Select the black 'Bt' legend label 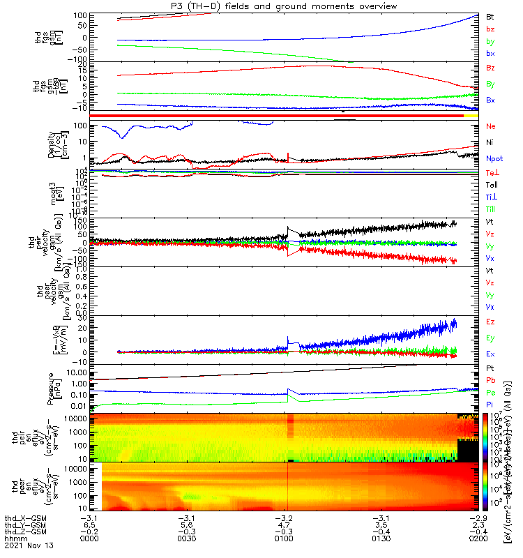pyautogui.click(x=490, y=16)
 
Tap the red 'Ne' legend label pyautogui.click(x=490, y=126)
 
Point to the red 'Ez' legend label pyautogui.click(x=490, y=323)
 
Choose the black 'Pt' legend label pyautogui.click(x=490, y=368)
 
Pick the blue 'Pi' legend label pyautogui.click(x=490, y=404)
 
